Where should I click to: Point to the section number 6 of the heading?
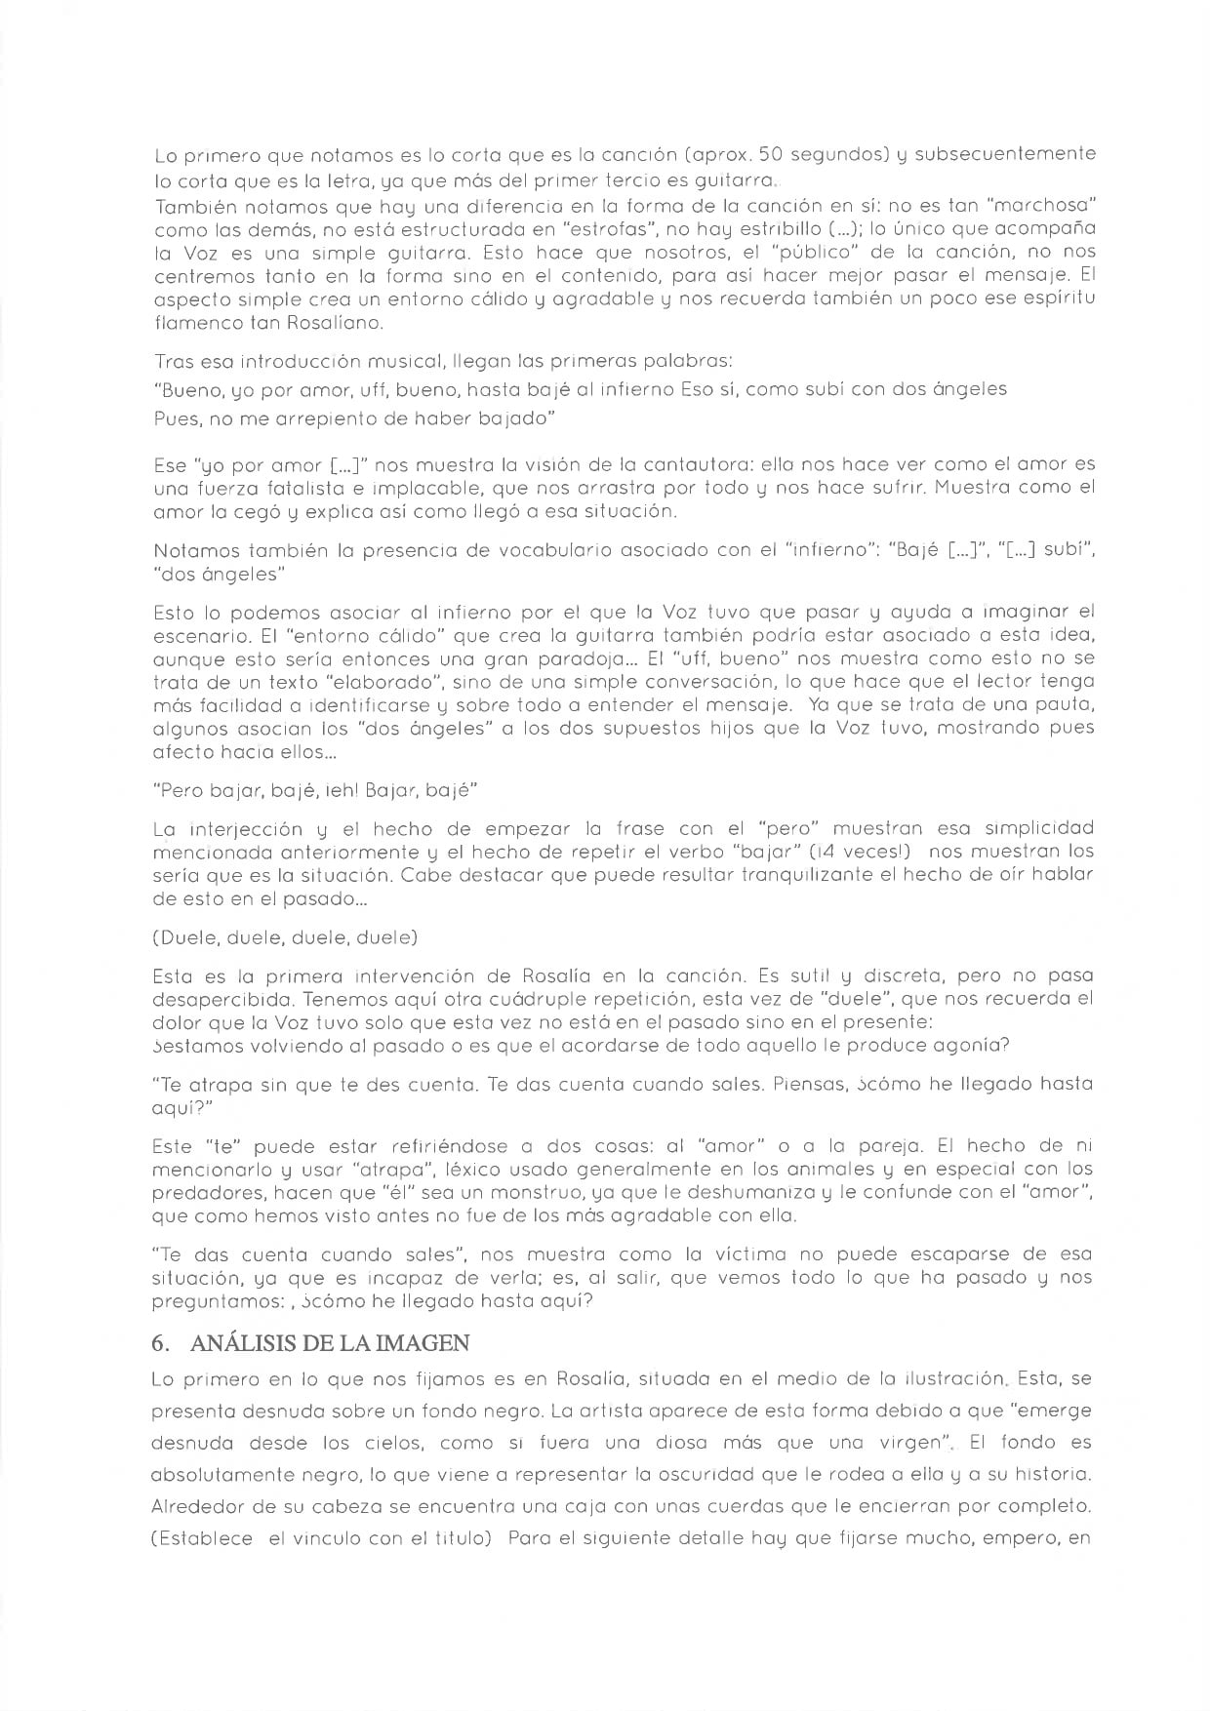pos(158,1343)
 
